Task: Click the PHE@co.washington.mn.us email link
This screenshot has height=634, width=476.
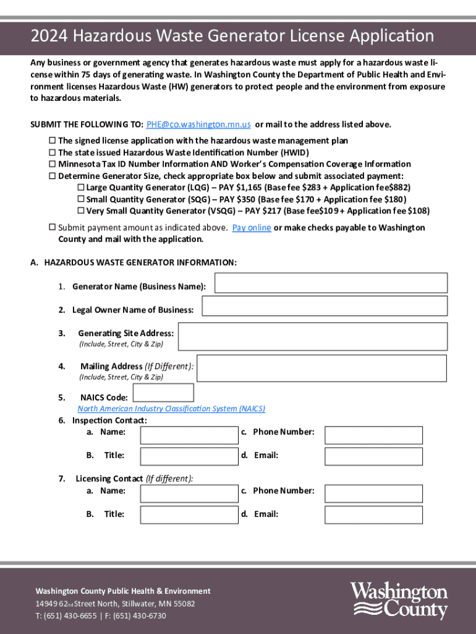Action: pyautogui.click(x=198, y=124)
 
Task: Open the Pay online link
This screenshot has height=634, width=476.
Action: pyautogui.click(x=252, y=228)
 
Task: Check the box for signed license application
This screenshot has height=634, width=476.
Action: pyautogui.click(x=53, y=141)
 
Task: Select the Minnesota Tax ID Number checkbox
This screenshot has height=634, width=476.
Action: pyautogui.click(x=53, y=164)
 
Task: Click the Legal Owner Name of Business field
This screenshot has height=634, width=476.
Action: pyautogui.click(x=325, y=306)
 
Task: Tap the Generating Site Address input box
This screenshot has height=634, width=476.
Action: pyautogui.click(x=312, y=336)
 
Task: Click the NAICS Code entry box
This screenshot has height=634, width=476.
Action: pyautogui.click(x=163, y=393)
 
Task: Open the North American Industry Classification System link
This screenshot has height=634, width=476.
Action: pyautogui.click(x=171, y=409)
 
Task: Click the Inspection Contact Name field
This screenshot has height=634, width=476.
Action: pyautogui.click(x=189, y=435)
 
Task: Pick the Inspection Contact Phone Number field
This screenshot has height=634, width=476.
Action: pyautogui.click(x=373, y=435)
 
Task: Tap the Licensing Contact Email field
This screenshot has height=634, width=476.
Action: pyautogui.click(x=373, y=515)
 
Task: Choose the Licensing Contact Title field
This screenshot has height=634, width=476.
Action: pyautogui.click(x=189, y=515)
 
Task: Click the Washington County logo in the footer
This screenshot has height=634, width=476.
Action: pyautogui.click(x=399, y=600)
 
